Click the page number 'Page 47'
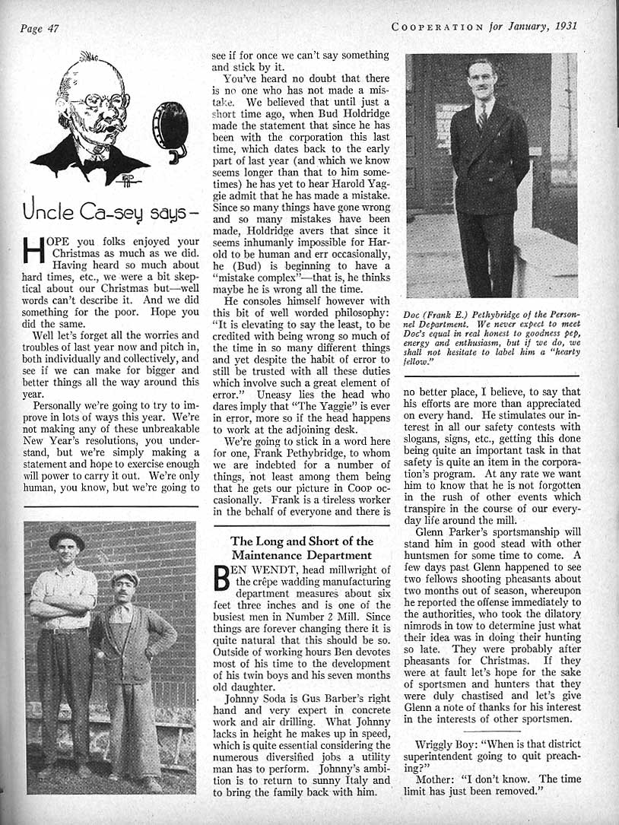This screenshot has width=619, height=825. (x=40, y=28)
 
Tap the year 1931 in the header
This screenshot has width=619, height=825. (x=562, y=26)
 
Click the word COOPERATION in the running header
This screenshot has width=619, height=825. (x=436, y=26)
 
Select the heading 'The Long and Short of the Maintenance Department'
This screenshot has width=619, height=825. (x=302, y=549)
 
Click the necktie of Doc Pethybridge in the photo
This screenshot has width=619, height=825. (x=482, y=118)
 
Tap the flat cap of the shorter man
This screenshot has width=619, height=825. (x=125, y=577)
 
